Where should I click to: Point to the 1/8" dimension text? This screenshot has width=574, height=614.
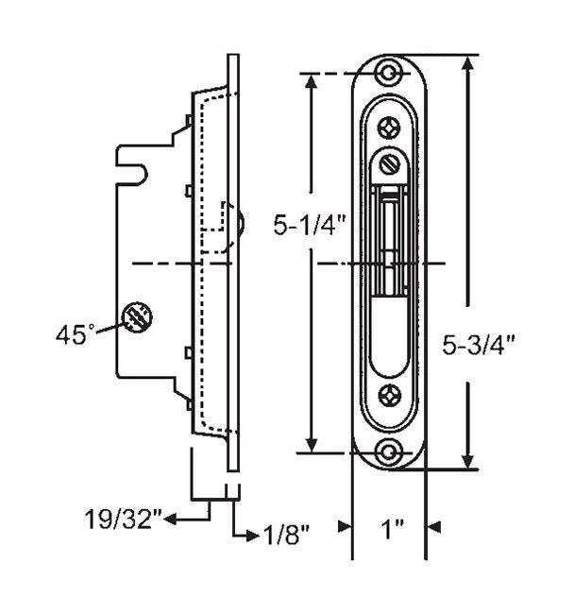pos(284,535)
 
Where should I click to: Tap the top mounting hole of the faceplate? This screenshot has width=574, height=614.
pos(387,73)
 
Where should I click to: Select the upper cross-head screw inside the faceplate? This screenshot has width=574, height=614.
pos(387,126)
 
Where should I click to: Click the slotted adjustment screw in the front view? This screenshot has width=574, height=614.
pos(388,164)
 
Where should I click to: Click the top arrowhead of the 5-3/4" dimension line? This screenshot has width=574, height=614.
pos(466,64)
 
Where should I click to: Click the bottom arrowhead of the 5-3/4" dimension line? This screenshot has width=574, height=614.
pos(466,462)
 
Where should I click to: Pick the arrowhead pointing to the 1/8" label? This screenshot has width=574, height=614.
pos(252,535)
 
